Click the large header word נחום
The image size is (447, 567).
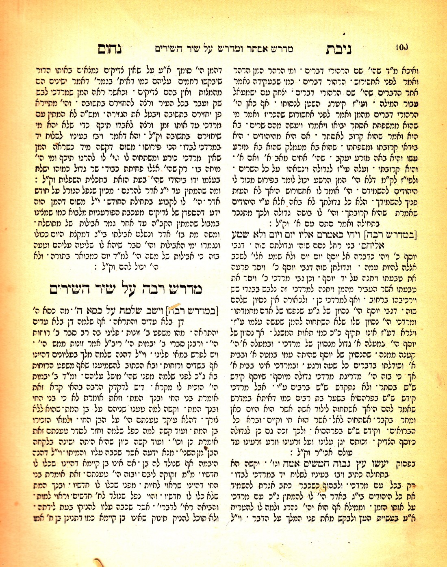pyautogui.click(x=110, y=49)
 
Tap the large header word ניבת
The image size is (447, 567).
pyautogui.click(x=339, y=49)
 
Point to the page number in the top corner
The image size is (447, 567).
pyautogui.click(x=401, y=47)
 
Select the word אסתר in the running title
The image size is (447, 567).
pyautogui.click(x=255, y=49)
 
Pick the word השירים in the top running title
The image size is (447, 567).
pyautogui.click(x=170, y=49)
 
